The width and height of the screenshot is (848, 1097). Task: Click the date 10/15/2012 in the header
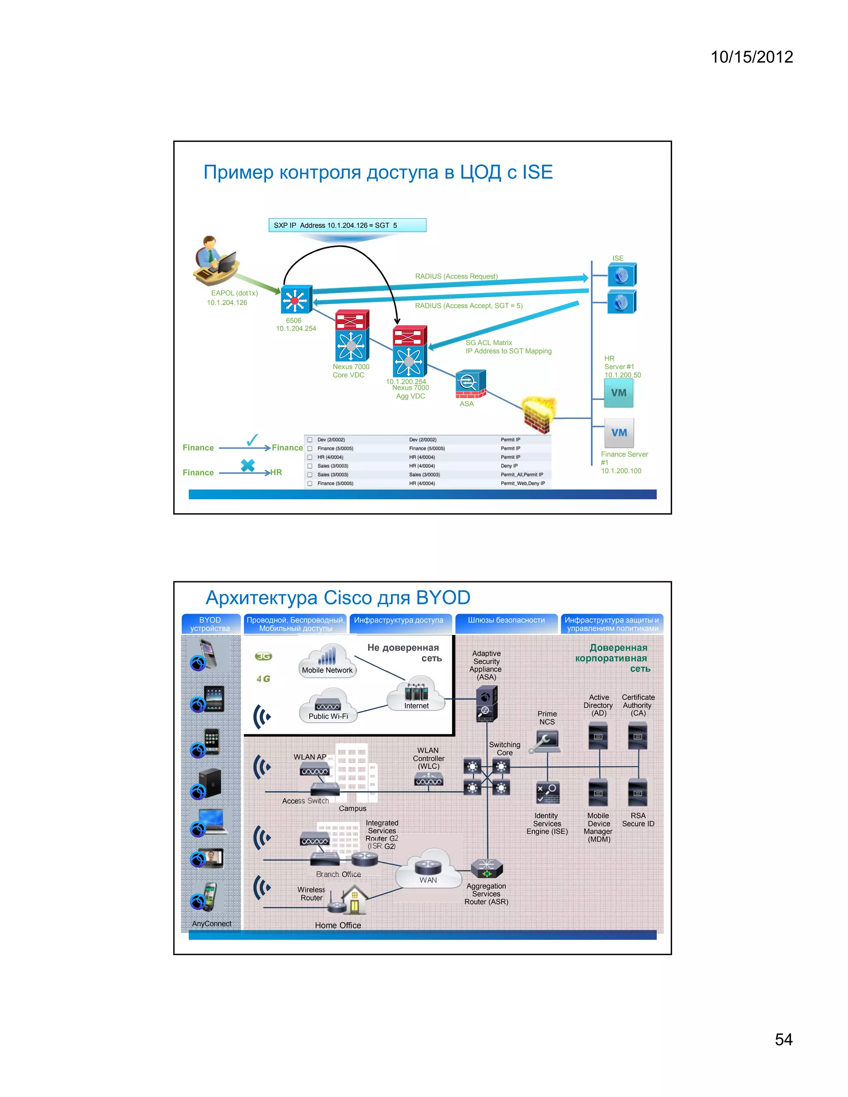pos(751,57)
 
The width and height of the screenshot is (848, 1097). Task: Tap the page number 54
pos(783,1039)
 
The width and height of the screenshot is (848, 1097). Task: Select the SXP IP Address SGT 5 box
pos(347,225)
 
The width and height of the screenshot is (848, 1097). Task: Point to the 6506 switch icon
pos(296,300)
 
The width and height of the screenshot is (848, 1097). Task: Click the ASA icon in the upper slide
pos(471,383)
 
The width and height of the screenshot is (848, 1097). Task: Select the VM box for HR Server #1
pos(619,393)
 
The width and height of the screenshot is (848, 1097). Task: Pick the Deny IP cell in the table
pos(508,466)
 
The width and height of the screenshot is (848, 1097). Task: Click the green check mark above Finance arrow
pos(252,440)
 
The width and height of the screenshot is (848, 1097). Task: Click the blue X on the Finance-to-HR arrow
pos(248,465)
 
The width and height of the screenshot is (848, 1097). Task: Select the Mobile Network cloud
pos(328,661)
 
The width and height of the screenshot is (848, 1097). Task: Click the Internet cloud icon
pos(416,694)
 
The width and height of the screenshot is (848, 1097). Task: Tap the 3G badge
pos(263,656)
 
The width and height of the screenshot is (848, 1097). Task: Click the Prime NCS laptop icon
pos(546,741)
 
